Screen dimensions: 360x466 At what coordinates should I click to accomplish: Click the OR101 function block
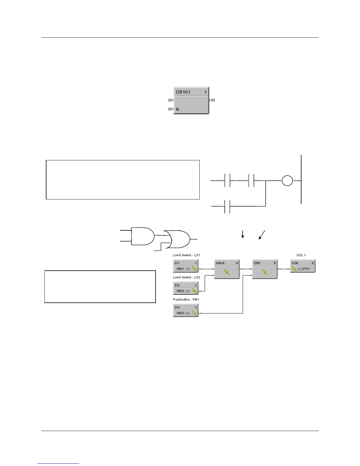click(191, 100)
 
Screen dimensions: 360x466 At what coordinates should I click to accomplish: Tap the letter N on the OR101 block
click(177, 109)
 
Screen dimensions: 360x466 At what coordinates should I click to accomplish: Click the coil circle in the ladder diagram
click(287, 180)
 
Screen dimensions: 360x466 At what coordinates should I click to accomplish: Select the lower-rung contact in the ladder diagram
click(227, 206)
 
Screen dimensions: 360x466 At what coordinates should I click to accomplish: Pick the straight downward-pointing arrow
click(243, 234)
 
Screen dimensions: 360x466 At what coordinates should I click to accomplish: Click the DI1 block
click(186, 266)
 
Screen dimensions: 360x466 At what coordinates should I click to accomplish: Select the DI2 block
click(186, 288)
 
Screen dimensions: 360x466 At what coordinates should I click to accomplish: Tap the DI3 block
click(186, 310)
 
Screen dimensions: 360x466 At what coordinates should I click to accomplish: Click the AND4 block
click(227, 269)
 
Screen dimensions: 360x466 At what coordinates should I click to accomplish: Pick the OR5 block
click(265, 269)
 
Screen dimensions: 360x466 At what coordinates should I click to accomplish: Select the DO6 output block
click(302, 266)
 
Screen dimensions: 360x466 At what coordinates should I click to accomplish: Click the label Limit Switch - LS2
click(186, 277)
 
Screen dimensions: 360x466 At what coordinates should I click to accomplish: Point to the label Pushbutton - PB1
click(186, 299)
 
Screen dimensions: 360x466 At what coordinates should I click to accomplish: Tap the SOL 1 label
click(301, 255)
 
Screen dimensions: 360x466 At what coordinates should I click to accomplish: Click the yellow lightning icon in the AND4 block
click(227, 273)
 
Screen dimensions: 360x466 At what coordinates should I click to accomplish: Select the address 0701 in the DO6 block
click(306, 269)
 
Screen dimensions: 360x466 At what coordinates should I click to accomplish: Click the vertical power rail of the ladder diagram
click(301, 179)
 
